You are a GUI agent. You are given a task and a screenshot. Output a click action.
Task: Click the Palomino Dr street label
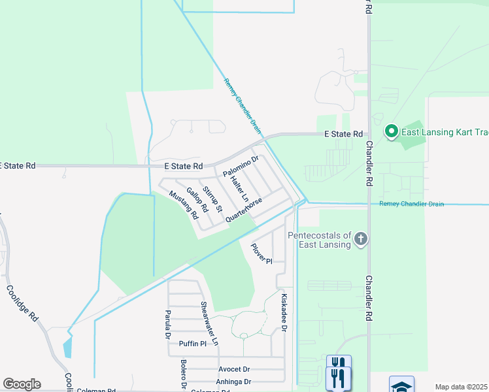(x=241, y=165)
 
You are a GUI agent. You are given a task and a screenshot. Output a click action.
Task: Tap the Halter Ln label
(x=240, y=188)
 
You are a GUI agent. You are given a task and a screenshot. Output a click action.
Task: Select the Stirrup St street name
(x=213, y=199)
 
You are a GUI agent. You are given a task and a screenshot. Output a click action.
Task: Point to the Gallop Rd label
(x=197, y=199)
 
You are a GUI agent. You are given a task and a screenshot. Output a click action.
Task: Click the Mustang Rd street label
(x=183, y=204)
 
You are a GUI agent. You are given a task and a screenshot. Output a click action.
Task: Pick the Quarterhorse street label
(x=244, y=210)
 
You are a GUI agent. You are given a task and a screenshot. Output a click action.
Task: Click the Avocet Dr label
(x=234, y=369)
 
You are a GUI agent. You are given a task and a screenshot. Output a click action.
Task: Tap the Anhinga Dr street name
(x=233, y=382)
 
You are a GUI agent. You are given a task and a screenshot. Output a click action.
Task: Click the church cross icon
(x=360, y=240)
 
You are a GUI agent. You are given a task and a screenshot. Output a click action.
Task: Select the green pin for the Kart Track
(x=391, y=131)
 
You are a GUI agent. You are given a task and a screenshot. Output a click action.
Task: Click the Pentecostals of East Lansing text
(x=319, y=240)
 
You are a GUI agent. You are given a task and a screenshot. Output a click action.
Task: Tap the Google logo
(x=22, y=384)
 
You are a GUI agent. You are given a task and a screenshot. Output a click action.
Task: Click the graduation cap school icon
(x=401, y=386)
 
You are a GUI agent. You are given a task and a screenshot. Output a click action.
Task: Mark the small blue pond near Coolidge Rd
(x=68, y=348)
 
